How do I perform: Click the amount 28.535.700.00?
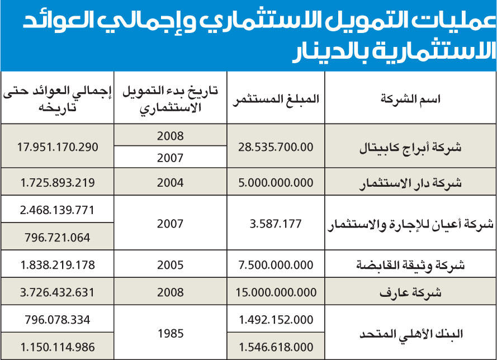tap(277, 147)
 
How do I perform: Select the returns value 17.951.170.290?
tap(58, 147)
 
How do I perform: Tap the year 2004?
tap(170, 182)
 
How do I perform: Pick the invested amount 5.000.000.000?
tap(277, 182)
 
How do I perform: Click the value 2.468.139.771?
tap(58, 210)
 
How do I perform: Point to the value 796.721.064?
tap(58, 238)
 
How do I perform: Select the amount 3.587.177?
tap(277, 224)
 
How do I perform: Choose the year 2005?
tap(170, 265)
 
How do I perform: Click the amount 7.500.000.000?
tap(277, 265)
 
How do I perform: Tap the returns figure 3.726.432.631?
tap(58, 292)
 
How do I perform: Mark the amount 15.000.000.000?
tap(277, 292)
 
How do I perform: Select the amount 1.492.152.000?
tap(277, 320)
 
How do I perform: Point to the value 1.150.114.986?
tap(58, 347)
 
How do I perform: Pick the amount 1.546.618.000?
tap(277, 347)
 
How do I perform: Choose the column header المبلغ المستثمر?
tap(277, 99)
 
